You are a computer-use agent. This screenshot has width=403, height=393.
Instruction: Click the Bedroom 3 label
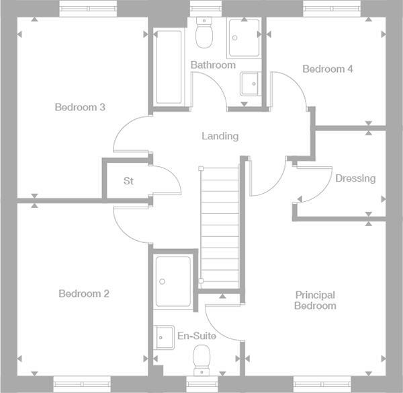click(x=80, y=107)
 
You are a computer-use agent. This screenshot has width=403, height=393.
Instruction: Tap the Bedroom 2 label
click(x=83, y=293)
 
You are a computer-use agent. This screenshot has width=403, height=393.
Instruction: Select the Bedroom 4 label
click(x=327, y=69)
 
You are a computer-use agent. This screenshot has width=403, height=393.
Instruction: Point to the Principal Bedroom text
click(x=315, y=300)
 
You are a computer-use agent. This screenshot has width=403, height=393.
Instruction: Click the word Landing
click(x=220, y=136)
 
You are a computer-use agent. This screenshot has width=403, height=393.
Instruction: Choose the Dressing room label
click(x=355, y=178)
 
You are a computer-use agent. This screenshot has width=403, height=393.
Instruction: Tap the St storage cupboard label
click(x=128, y=181)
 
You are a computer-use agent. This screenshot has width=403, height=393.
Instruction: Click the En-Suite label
click(x=193, y=335)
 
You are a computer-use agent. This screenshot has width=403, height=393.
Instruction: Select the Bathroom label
click(x=212, y=65)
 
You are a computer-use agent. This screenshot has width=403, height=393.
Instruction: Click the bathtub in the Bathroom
click(x=168, y=67)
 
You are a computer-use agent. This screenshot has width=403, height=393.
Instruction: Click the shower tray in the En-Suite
click(x=173, y=281)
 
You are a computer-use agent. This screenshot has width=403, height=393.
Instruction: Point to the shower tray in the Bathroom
click(x=243, y=38)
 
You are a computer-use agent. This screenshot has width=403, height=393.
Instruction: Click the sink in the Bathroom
click(x=249, y=84)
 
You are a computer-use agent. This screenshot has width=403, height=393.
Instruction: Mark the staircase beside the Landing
click(x=220, y=222)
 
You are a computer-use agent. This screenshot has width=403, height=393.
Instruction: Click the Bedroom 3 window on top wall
click(x=83, y=8)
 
